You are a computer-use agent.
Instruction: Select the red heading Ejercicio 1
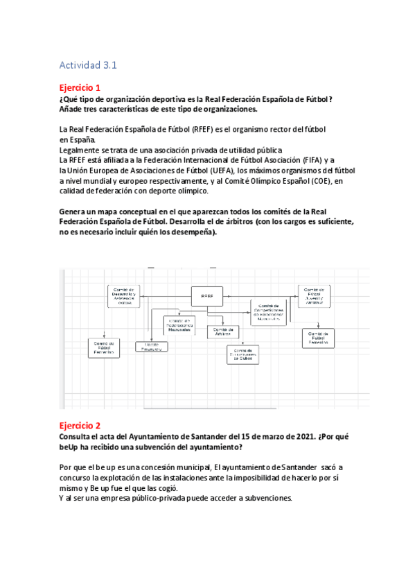pos(80,88)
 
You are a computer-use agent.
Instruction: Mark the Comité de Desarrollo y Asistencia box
pos(125,295)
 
